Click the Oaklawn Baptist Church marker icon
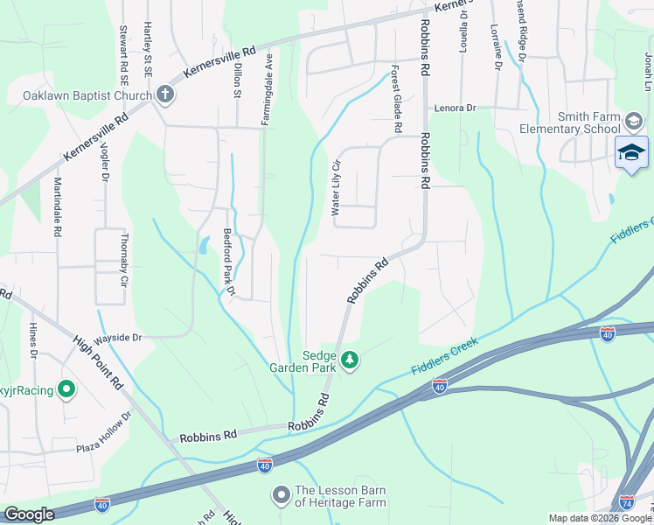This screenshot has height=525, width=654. (165, 95)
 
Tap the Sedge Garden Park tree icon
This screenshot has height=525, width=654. (350, 360)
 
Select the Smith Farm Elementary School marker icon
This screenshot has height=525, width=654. (634, 121)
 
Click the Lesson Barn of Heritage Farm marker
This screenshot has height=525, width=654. (282, 495)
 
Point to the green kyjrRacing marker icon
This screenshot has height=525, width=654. (66, 388)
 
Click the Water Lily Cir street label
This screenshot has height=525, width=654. (334, 187)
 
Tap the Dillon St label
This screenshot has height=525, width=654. (236, 80)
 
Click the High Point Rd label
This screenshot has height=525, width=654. (97, 362)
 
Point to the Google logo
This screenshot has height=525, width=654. (30, 514)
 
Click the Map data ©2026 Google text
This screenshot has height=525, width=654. (600, 518)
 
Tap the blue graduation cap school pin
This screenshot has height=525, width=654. (631, 153)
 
